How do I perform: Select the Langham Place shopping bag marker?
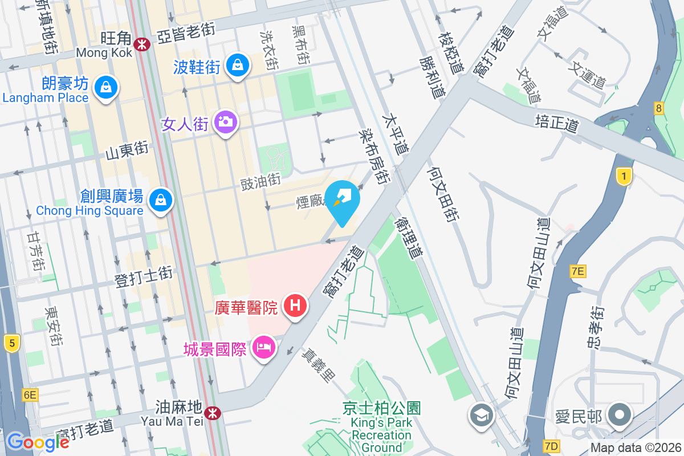[x=106, y=88]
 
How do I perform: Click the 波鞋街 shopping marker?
[x=237, y=66]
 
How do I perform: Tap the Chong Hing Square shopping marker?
[x=161, y=200]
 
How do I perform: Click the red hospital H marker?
[x=295, y=306]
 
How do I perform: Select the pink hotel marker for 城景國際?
[x=263, y=347]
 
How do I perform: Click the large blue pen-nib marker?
[x=344, y=199]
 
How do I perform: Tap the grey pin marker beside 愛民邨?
[x=619, y=416]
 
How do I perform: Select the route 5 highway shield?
[x=11, y=343]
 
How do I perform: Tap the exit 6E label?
[x=30, y=394]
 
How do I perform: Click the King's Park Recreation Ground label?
[x=382, y=428]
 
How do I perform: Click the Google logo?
[x=38, y=442]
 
